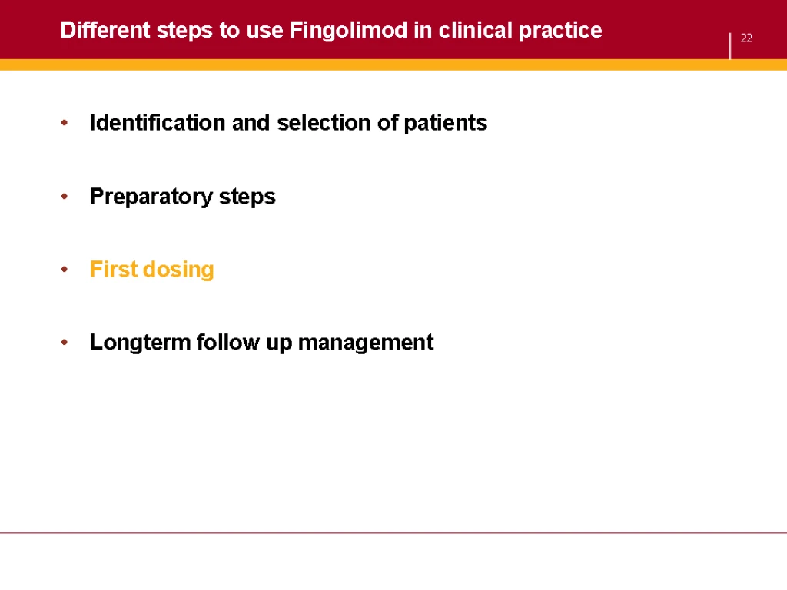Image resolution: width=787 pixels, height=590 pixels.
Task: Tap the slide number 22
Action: pyautogui.click(x=746, y=38)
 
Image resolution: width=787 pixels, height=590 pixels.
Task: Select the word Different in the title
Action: pyautogui.click(x=105, y=30)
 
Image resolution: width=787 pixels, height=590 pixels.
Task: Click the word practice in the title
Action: pyautogui.click(x=560, y=31)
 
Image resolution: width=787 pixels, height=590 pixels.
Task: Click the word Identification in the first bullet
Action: pyautogui.click(x=157, y=122)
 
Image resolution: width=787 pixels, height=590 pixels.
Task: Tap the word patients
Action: pyautogui.click(x=445, y=123)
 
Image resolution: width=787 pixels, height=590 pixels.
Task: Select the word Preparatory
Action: pyautogui.click(x=151, y=197)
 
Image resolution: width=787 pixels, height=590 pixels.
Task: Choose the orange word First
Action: pyautogui.click(x=114, y=269)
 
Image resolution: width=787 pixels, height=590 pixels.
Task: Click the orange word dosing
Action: pyautogui.click(x=178, y=270)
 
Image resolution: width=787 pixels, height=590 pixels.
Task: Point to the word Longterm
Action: pyautogui.click(x=140, y=343)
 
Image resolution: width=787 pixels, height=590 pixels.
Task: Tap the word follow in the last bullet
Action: pyautogui.click(x=227, y=342)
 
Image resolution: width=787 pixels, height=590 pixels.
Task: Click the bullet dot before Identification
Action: pyautogui.click(x=65, y=122)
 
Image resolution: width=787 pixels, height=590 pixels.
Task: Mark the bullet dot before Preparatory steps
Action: pyautogui.click(x=65, y=196)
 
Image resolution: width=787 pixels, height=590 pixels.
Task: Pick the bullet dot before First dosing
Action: pyautogui.click(x=65, y=270)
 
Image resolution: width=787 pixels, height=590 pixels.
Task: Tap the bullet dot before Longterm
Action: pyautogui.click(x=65, y=343)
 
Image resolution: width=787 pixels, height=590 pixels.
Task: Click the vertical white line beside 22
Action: pyautogui.click(x=730, y=46)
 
